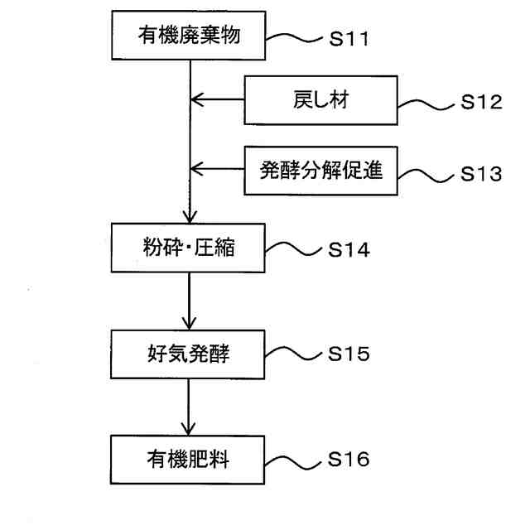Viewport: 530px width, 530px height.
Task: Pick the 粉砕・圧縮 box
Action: (190, 248)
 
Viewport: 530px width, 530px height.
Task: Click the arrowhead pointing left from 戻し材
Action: (196, 102)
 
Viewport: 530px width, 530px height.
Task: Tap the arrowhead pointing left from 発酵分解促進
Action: (196, 171)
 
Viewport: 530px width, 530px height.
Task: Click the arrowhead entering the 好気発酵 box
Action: (190, 324)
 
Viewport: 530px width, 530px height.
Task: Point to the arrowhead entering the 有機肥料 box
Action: (190, 428)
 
